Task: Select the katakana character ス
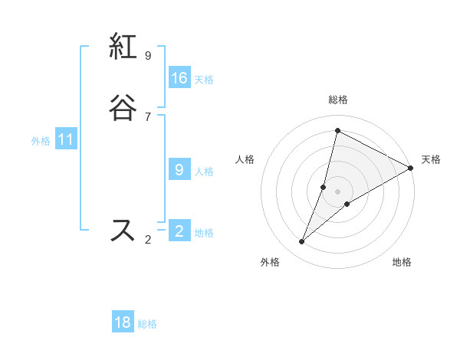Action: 123,230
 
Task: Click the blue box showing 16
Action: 179,78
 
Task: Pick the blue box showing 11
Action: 66,140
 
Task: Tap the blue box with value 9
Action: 179,170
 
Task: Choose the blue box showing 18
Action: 123,322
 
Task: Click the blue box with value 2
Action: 179,231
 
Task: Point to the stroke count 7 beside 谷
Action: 148,116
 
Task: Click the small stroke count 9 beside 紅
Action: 148,55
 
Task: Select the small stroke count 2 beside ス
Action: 148,240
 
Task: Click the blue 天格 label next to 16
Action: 204,80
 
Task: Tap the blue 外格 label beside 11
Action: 41,141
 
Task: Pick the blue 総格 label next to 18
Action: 147,324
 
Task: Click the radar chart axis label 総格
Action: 337,100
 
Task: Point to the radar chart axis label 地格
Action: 402,262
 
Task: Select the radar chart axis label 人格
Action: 245,159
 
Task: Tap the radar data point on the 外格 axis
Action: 302,242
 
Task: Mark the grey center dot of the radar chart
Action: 337,191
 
